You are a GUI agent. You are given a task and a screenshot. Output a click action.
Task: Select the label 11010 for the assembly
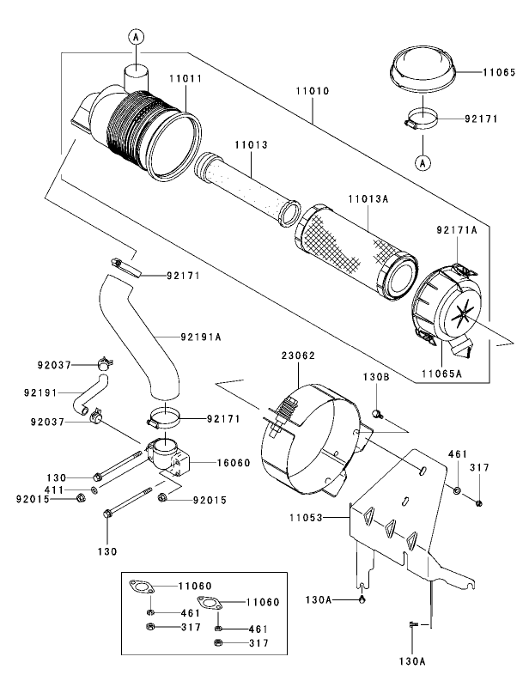[x=313, y=89]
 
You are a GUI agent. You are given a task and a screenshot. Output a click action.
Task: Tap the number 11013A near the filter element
[x=368, y=198]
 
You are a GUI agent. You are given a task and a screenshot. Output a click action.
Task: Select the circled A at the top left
[x=137, y=36]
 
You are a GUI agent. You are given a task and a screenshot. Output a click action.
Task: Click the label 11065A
[x=442, y=374]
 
